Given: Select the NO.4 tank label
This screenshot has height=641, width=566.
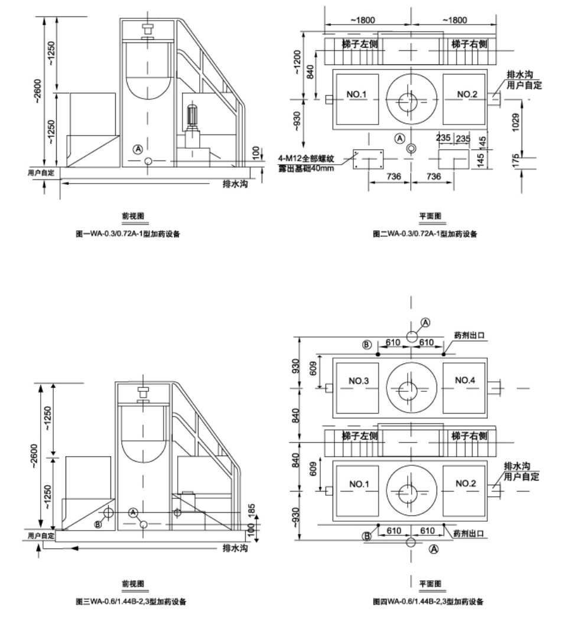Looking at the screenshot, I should [465, 380].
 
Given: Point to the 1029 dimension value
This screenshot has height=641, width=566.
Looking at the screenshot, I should [515, 122].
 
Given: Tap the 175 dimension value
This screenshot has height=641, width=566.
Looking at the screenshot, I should [515, 161].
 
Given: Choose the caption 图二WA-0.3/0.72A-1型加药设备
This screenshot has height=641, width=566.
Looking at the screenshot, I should [425, 234].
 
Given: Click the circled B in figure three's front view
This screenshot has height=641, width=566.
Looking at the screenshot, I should [98, 524].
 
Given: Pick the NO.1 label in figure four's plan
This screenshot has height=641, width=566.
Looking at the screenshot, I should [359, 484].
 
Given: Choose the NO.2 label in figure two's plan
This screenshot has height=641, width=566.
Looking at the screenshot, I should [467, 94].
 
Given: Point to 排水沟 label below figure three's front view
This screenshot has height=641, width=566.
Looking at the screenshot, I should [235, 548].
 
